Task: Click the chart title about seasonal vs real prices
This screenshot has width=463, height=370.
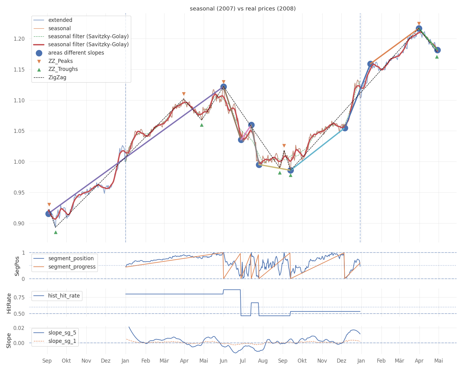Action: pos(243,9)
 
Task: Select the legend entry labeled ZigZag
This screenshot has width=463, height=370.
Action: pos(57,77)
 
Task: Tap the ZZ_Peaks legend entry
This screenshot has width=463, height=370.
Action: pos(60,61)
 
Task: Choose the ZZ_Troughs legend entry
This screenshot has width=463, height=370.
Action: pos(63,69)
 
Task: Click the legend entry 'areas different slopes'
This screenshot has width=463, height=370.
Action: pos(76,53)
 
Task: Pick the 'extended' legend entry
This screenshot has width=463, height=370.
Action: pos(60,20)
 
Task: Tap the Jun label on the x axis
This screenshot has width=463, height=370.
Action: pos(223,361)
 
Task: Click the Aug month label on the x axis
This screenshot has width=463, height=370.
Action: pos(263,361)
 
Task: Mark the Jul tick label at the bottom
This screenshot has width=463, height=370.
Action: pos(243,361)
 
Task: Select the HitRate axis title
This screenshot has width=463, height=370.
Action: pos(9,303)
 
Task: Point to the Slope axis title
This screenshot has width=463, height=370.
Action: pos(9,340)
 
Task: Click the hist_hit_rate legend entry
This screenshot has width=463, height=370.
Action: pos(64,296)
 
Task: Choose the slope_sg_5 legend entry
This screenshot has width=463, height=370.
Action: pos(62,333)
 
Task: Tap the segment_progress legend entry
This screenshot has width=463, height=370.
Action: pos(72,267)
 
